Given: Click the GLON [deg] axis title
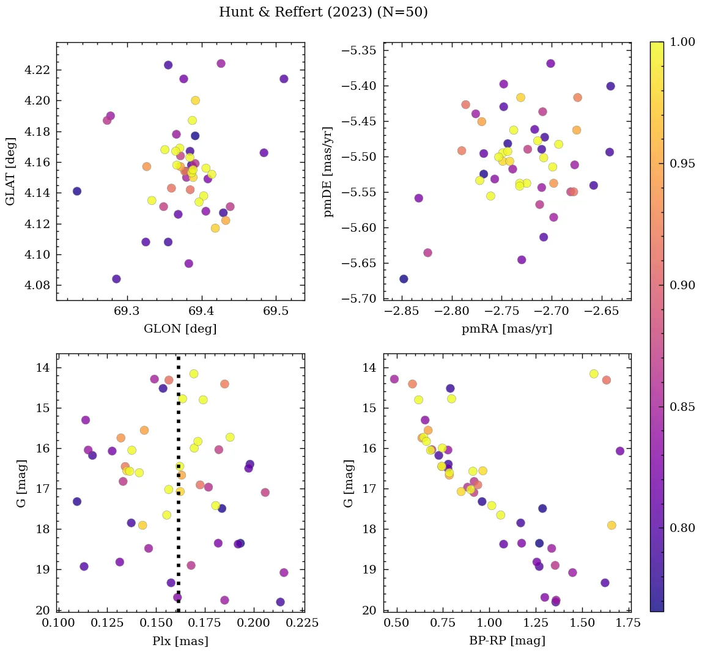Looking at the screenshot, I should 180,329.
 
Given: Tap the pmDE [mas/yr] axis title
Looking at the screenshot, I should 328,171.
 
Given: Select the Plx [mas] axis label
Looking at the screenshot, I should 180,641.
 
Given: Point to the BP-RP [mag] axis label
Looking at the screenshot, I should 507,641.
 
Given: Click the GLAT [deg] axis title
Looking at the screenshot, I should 10,171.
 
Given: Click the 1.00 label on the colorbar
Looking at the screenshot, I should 682,42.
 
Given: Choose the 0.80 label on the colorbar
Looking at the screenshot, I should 682,528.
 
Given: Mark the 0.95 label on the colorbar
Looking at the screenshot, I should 682,163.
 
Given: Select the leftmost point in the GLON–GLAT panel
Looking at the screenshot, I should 76,191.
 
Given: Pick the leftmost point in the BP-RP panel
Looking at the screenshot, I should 394,379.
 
